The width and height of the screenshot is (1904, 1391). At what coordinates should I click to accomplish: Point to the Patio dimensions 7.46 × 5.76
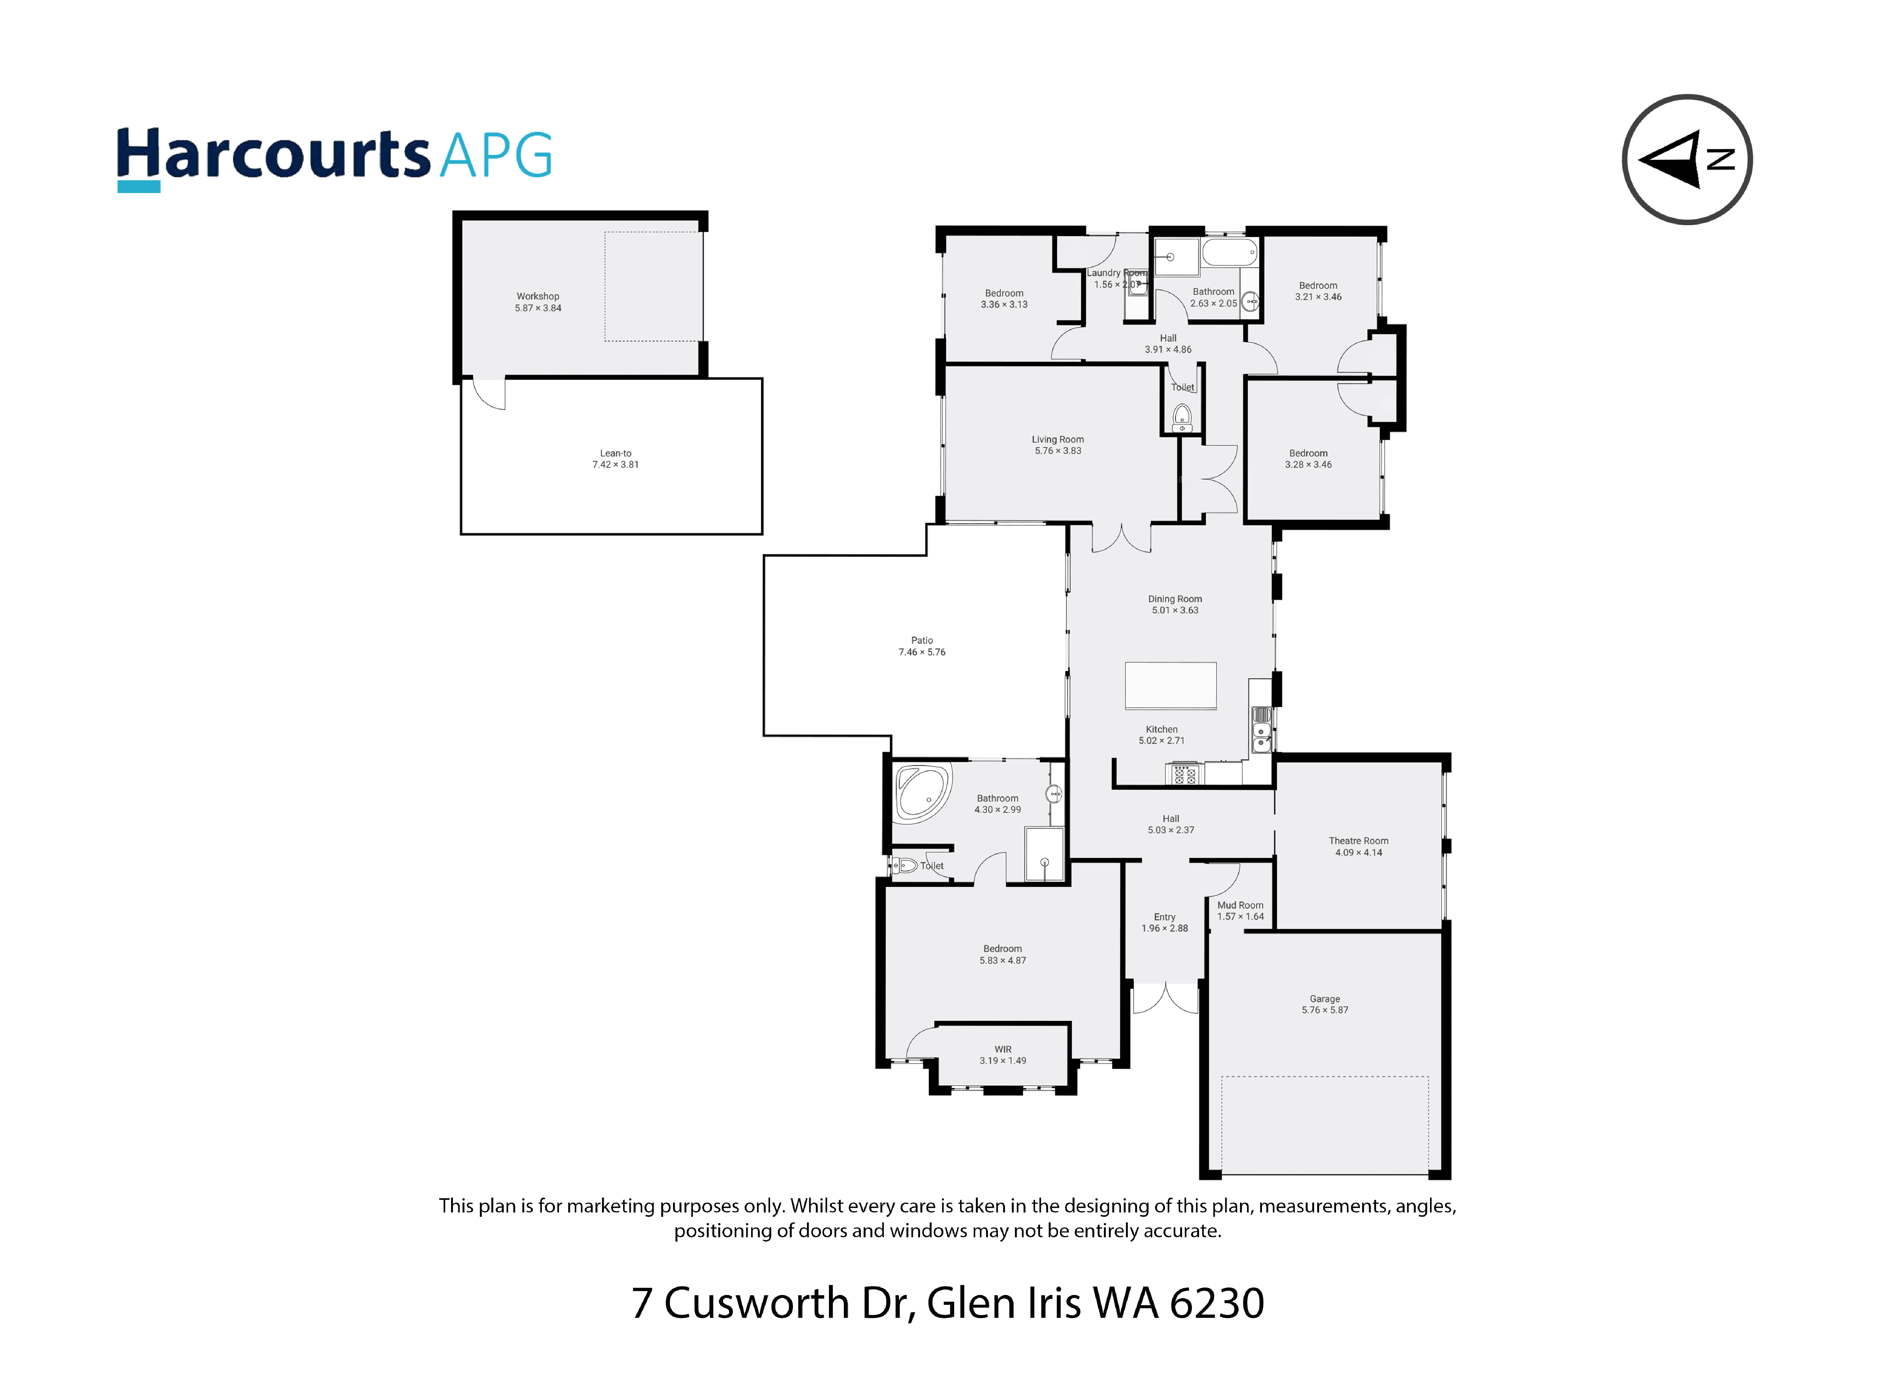(922, 652)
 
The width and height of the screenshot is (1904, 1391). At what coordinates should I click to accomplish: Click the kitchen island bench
(1171, 685)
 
